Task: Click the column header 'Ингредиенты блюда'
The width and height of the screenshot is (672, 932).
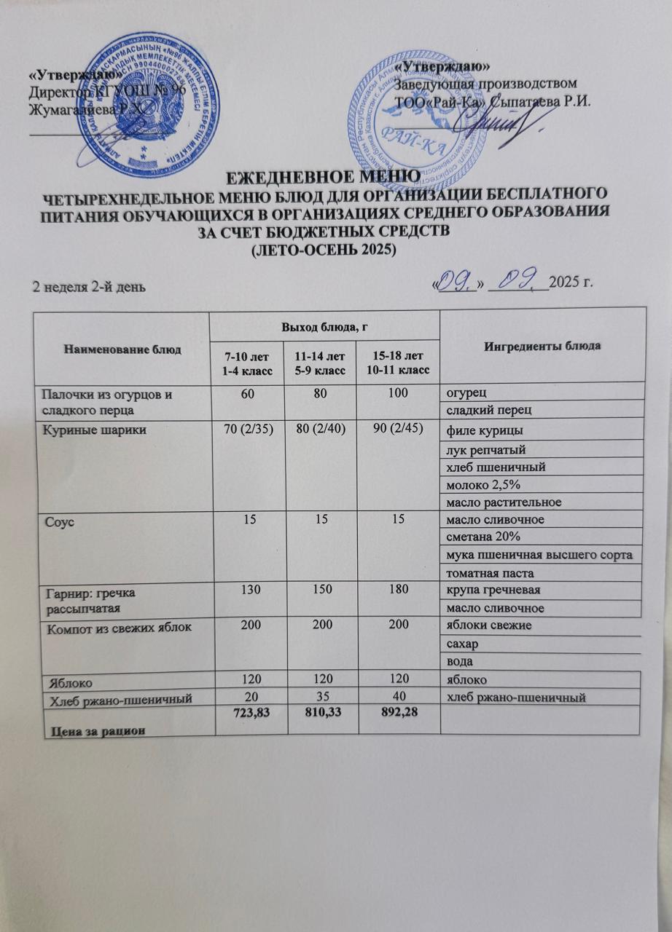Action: [542, 344]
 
